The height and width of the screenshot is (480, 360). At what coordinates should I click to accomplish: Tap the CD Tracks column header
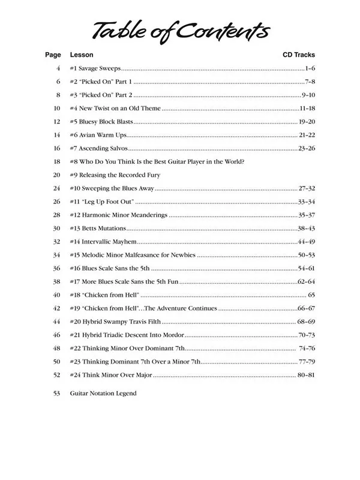(298, 55)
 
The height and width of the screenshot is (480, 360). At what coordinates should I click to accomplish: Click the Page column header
(53, 55)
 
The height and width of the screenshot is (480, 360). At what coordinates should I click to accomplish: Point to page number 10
(57, 108)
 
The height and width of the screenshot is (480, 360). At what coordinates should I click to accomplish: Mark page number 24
(57, 188)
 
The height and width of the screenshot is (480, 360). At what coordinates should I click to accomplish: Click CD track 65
(311, 295)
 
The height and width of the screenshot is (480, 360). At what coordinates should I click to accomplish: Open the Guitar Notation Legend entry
(103, 394)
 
